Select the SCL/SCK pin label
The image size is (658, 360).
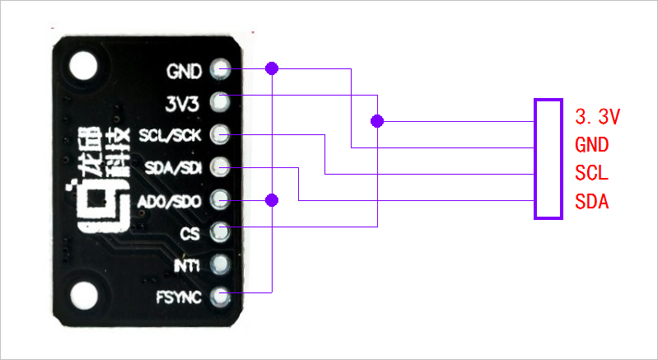pyautogui.click(x=170, y=135)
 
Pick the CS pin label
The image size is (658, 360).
pyautogui.click(x=189, y=233)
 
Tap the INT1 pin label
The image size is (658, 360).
pyautogui.click(x=187, y=265)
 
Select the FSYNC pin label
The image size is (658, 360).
pyautogui.click(x=179, y=297)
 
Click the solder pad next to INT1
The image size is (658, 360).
pyautogui.click(x=220, y=264)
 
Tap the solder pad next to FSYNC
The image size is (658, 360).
pyautogui.click(x=220, y=297)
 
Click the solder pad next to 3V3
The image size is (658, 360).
pyautogui.click(x=220, y=102)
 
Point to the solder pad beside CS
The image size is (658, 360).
pyautogui.click(x=220, y=231)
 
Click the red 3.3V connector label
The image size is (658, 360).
pyautogui.click(x=597, y=116)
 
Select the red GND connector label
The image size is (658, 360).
pyautogui.click(x=592, y=145)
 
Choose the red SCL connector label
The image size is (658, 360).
pyautogui.click(x=591, y=173)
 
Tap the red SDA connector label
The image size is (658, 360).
pyautogui.click(x=591, y=202)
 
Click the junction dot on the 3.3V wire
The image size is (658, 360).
pyautogui.click(x=377, y=121)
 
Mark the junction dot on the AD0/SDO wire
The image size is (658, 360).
pyautogui.click(x=273, y=199)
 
